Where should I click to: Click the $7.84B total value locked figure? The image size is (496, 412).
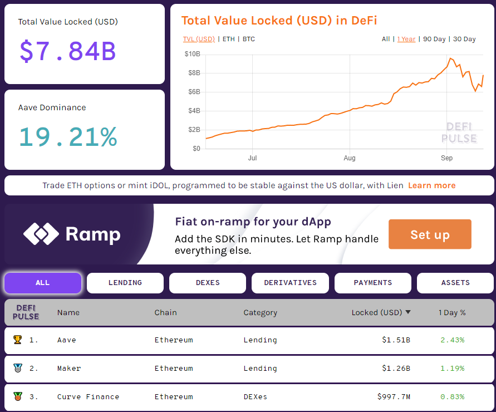tap(67, 51)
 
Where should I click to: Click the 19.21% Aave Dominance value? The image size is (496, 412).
tap(68, 136)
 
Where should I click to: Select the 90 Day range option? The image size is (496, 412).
tap(434, 39)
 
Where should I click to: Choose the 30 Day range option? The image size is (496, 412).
tap(464, 39)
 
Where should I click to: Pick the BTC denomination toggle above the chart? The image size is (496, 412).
tap(249, 39)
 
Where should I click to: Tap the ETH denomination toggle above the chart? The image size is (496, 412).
tap(228, 39)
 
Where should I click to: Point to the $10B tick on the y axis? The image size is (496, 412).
tap(192, 54)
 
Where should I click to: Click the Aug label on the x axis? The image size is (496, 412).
tap(350, 158)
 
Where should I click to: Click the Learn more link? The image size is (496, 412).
tap(431, 185)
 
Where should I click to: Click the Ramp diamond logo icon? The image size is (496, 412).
tap(41, 234)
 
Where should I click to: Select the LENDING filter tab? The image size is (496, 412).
tap(125, 283)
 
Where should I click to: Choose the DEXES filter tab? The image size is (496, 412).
tap(208, 283)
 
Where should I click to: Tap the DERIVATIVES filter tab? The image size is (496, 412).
tap(290, 283)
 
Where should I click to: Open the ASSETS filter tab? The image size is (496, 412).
tap(455, 283)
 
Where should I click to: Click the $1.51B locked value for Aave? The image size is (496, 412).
tap(396, 340)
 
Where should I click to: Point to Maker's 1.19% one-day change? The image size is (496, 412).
tap(452, 369)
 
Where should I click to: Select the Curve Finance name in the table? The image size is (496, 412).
tap(88, 397)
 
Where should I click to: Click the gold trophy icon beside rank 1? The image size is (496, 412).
tap(17, 340)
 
